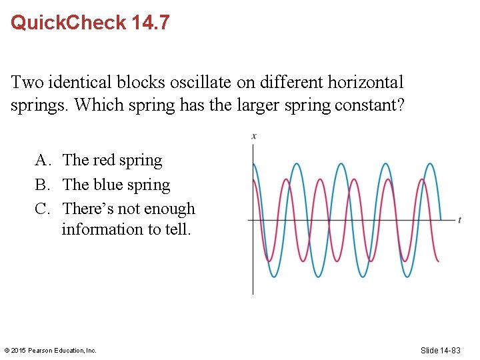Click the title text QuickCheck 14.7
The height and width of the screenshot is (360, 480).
[x=90, y=23]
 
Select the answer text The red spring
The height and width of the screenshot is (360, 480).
[x=112, y=161]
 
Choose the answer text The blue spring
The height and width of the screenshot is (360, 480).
[x=116, y=185]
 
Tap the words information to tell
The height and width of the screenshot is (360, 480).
[x=126, y=230]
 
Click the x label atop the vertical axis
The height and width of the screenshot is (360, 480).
[x=254, y=137]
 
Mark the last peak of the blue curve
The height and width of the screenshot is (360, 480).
[x=431, y=164]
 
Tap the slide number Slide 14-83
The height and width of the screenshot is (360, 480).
[x=449, y=350]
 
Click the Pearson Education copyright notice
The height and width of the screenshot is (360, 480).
[x=51, y=350]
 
